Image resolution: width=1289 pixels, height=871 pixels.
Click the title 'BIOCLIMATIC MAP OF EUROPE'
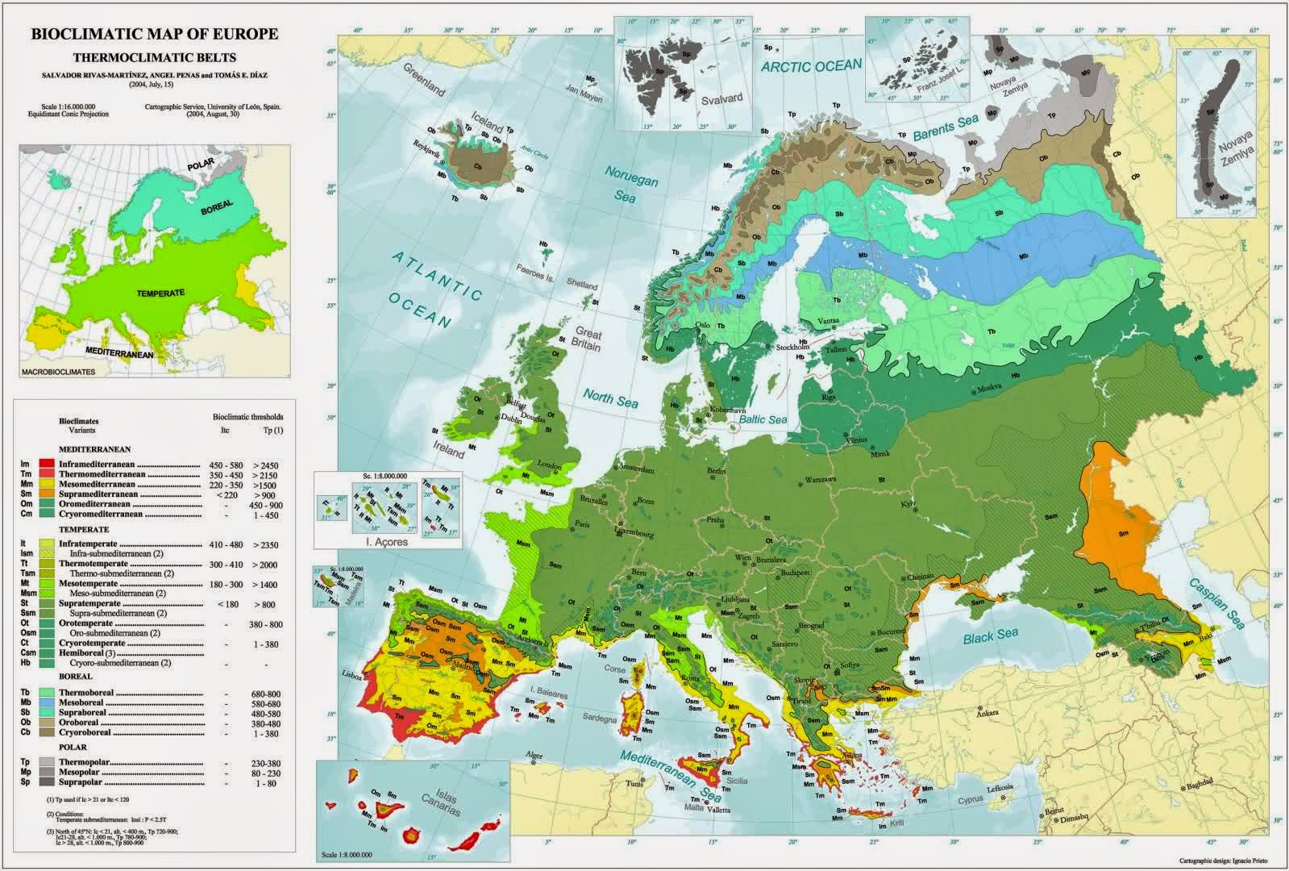pos(154,34)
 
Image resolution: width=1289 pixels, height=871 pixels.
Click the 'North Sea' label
pos(612,399)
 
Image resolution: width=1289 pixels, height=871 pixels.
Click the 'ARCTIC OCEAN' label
pos(812,66)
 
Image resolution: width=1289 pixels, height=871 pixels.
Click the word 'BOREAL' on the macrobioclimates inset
pos(216,207)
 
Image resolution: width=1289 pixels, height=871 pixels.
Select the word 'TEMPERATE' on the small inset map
pos(161,293)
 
